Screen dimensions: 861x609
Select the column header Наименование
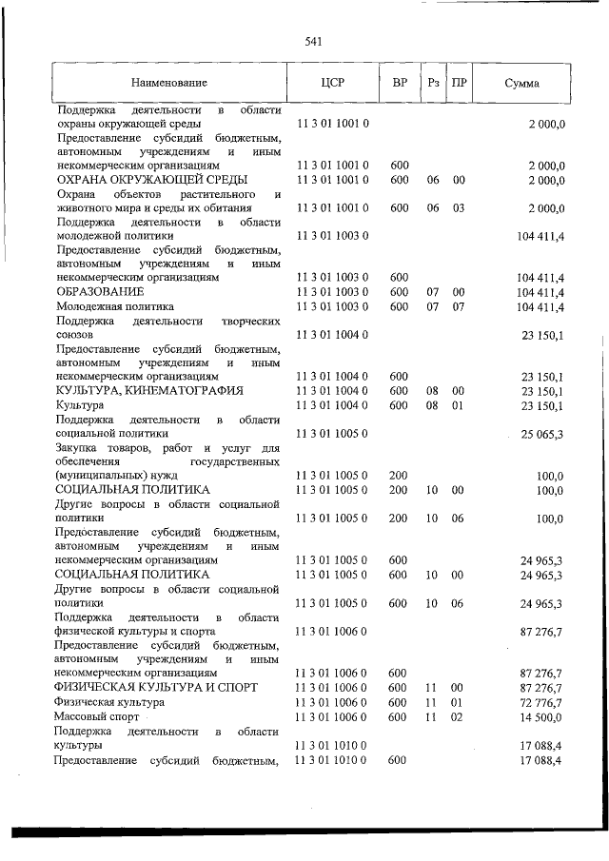(x=168, y=84)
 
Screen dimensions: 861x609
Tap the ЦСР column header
(x=333, y=83)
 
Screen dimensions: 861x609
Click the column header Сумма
(x=521, y=84)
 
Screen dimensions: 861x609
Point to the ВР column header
(x=400, y=83)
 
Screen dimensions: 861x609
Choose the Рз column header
(x=433, y=83)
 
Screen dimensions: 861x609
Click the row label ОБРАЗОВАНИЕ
(x=100, y=291)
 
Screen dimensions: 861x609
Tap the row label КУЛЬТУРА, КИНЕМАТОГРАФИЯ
(x=149, y=391)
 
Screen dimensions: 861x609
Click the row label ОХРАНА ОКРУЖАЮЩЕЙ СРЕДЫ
(x=151, y=180)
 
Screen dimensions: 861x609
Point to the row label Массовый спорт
(x=97, y=715)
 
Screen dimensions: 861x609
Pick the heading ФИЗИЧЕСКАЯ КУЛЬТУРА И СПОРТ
(x=156, y=687)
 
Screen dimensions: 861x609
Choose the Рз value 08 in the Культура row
(x=432, y=405)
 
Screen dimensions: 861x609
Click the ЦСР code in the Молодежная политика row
(x=333, y=307)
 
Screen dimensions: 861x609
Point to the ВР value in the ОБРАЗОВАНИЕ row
(x=400, y=291)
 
